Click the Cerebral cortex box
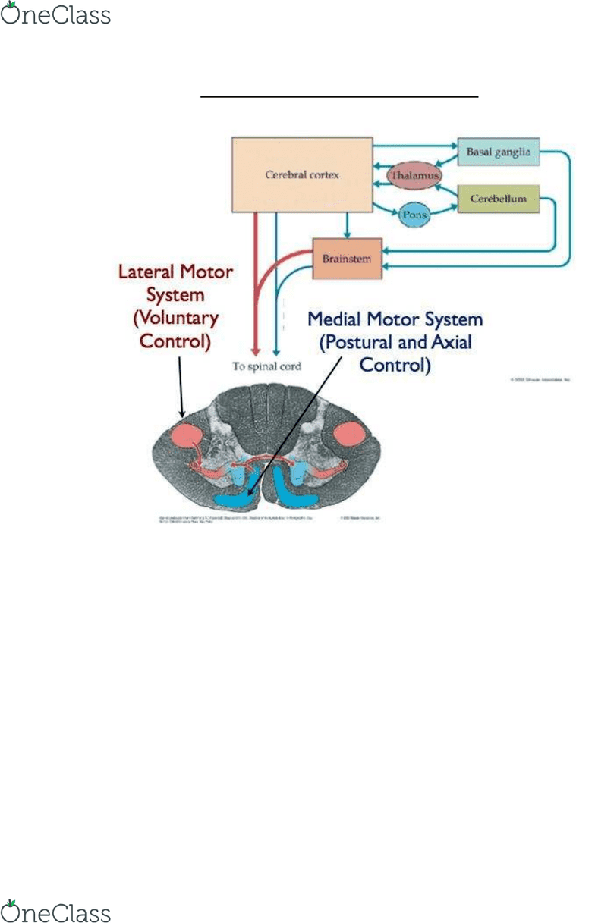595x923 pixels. click(302, 174)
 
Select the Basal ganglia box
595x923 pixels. click(497, 152)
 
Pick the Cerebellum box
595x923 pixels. click(497, 198)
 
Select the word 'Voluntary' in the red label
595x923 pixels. click(176, 317)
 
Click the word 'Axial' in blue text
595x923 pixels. click(451, 342)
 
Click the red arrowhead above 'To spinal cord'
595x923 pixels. click(256, 350)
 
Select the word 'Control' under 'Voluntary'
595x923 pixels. click(174, 341)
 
